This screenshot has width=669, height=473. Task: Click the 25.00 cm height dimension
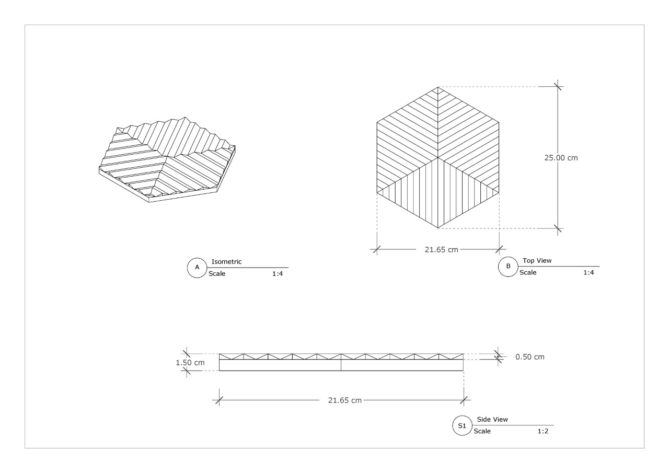coord(561,158)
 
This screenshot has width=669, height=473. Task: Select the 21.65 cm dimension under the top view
coord(442,249)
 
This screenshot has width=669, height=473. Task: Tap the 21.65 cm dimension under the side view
coord(344,400)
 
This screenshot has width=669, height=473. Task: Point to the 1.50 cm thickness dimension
coord(190,363)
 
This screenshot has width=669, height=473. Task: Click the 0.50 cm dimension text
coord(530,357)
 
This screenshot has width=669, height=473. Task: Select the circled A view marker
coord(197,268)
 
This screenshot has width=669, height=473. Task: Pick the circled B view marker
coord(508,267)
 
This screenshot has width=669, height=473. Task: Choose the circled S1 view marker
coord(463,425)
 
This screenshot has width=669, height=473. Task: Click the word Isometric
coord(226,261)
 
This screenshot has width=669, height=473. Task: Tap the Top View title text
coord(537,260)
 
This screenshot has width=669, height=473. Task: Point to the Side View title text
coord(492,419)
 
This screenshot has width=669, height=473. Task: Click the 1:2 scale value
coord(543,431)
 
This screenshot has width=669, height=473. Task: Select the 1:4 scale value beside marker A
coord(278,273)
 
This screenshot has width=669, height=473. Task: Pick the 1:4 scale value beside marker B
coord(589,272)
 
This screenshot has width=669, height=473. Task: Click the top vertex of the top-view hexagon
coord(438,87)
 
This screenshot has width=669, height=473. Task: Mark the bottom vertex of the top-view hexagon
coord(438,228)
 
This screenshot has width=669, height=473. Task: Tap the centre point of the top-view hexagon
coord(438,157)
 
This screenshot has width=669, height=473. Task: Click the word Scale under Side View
coord(482,431)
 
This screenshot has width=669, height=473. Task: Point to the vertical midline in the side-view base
coord(341,365)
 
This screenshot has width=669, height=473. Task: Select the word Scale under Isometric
coord(217,273)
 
